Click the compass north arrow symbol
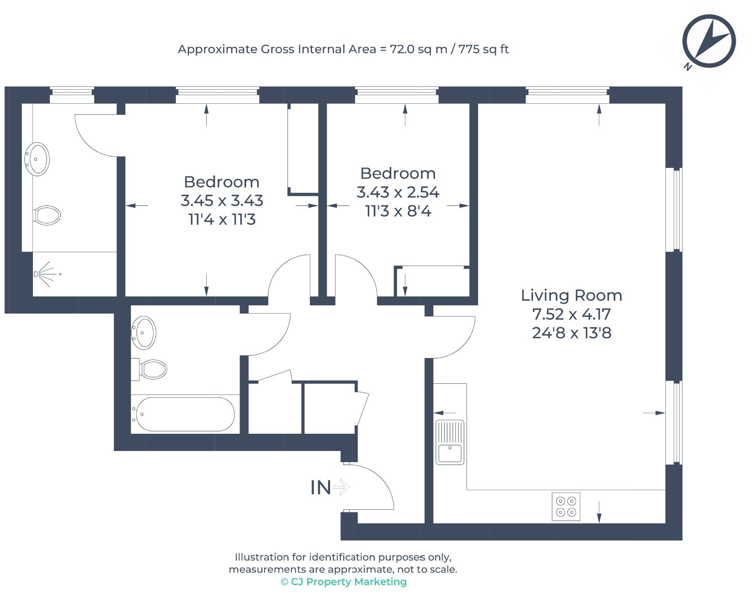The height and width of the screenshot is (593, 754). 708,42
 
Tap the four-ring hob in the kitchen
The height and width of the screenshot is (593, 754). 566,507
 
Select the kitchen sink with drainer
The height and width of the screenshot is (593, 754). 450,442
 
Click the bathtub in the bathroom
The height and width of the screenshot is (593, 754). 183,414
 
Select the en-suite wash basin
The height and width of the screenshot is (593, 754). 37,159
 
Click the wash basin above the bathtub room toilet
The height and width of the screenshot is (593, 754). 144,333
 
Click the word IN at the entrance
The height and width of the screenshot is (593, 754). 321,488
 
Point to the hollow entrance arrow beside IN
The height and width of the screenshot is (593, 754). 341,488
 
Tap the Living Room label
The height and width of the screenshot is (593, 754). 571,295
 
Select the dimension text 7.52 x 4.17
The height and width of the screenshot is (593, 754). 571,314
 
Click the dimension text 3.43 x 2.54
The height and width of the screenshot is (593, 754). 398,192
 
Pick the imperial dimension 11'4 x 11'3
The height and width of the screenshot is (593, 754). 222,219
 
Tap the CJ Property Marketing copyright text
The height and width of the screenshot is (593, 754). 344,582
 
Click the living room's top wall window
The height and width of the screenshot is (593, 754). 568,95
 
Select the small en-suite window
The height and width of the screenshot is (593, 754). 72,95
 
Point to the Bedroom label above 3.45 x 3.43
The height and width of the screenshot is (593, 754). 221,182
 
